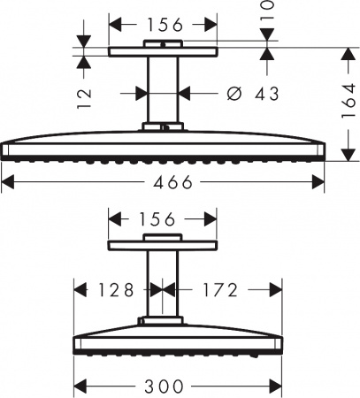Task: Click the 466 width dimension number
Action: click(172, 181)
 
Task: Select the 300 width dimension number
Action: click(164, 386)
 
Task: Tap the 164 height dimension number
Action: click(349, 101)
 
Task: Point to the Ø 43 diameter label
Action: click(253, 94)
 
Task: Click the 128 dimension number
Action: click(116, 290)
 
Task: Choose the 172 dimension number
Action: click(220, 290)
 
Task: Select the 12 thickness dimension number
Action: click(84, 98)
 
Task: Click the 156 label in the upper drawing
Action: click(165, 25)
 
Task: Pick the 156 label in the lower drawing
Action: click(157, 219)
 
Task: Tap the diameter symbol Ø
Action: click(234, 94)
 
